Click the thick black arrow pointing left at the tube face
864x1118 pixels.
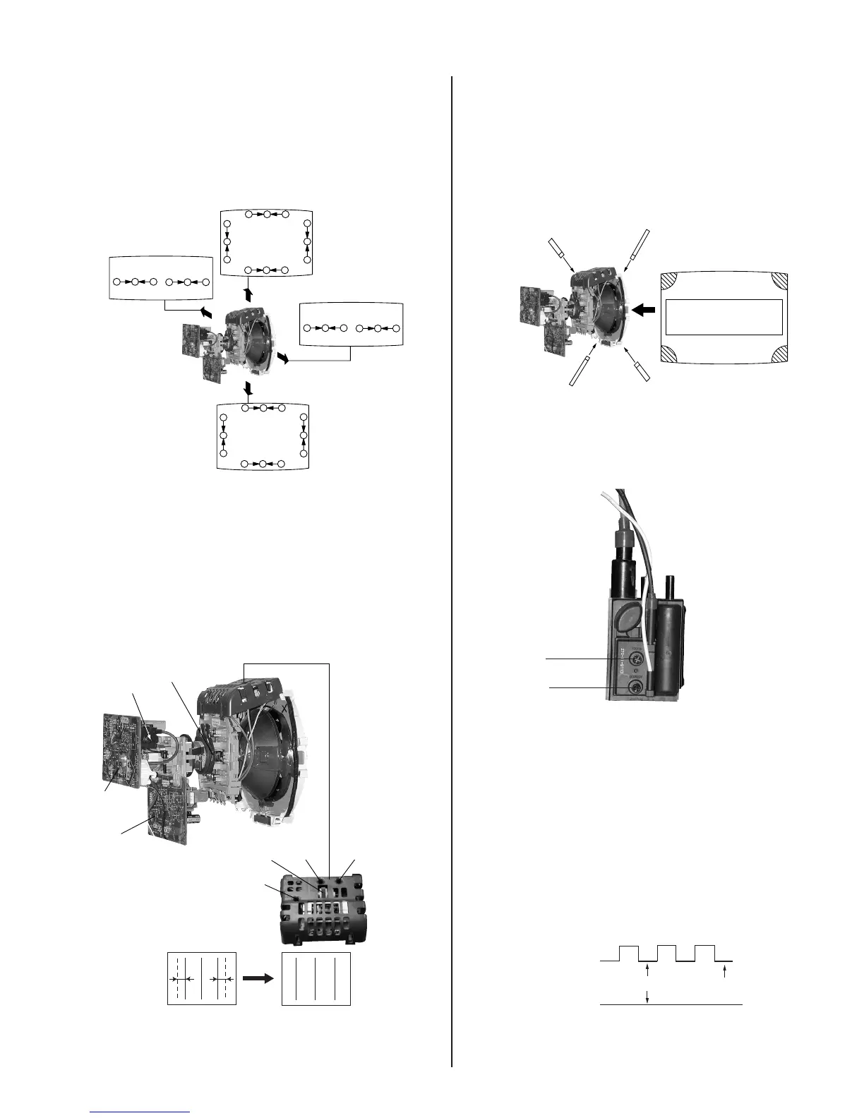pyautogui.click(x=644, y=309)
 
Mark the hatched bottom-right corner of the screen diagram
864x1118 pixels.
pyautogui.click(x=776, y=352)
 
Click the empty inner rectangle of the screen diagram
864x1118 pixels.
pyautogui.click(x=724, y=317)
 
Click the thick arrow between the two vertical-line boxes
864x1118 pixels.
pyautogui.click(x=258, y=978)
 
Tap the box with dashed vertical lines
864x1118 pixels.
pyautogui.click(x=201, y=979)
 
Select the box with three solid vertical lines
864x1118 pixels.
pyautogui.click(x=316, y=979)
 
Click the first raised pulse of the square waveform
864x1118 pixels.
pyautogui.click(x=629, y=952)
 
